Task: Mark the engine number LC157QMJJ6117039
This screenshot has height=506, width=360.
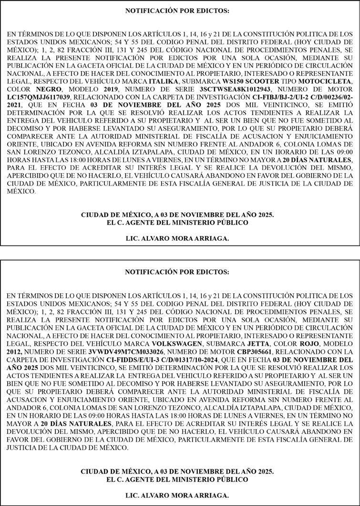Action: click(40, 98)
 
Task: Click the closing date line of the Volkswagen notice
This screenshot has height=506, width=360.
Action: click(177, 471)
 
